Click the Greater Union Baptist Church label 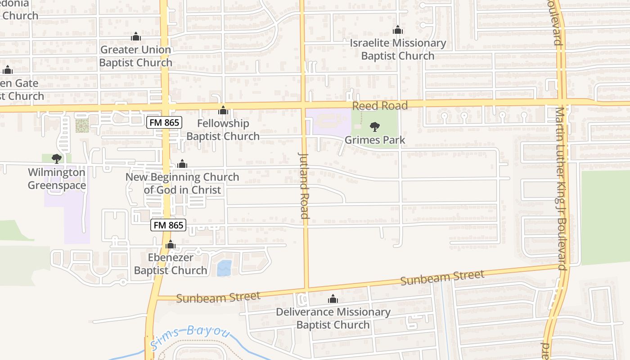tap(135, 56)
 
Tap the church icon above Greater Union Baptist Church tap(135, 36)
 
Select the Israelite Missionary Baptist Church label tap(398, 49)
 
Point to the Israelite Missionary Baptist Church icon tap(397, 30)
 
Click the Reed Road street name tap(380, 106)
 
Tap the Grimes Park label tap(375, 140)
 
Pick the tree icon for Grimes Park tap(374, 127)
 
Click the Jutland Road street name tap(304, 185)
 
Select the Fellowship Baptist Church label tap(223, 130)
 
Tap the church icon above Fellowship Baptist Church tap(223, 110)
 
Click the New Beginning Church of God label tap(182, 183)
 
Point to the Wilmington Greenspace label tap(57, 179)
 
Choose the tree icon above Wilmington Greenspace tap(56, 158)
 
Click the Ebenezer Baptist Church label tap(171, 264)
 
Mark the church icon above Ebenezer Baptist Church tap(170, 245)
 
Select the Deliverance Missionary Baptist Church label tap(333, 318)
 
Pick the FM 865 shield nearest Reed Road tap(164, 122)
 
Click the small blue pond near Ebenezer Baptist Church tap(224, 268)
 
